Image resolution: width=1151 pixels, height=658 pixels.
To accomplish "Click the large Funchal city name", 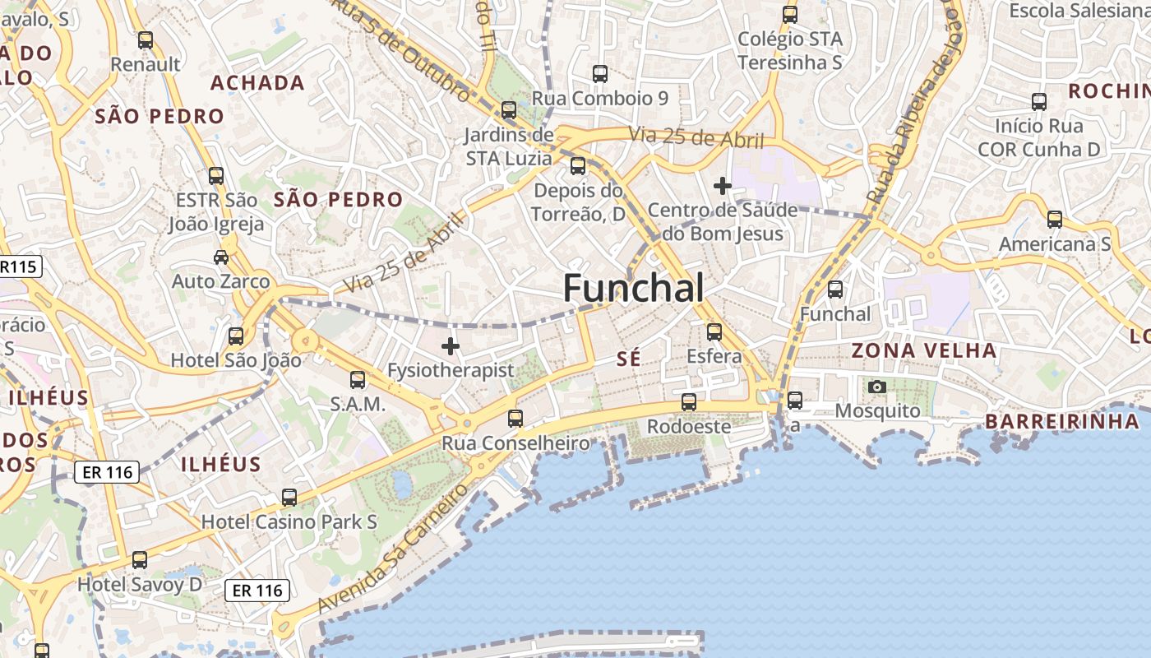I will pyautogui.click(x=633, y=289).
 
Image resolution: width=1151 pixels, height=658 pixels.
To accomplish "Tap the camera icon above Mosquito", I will pyautogui.click(x=877, y=387).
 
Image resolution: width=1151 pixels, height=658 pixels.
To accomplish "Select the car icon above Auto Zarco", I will pyautogui.click(x=220, y=257).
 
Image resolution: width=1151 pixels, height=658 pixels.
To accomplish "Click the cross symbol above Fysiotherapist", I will pyautogui.click(x=451, y=346).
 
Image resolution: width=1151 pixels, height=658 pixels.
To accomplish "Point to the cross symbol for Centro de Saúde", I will pyautogui.click(x=723, y=186).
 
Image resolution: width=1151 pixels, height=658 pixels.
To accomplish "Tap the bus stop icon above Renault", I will pyautogui.click(x=146, y=39).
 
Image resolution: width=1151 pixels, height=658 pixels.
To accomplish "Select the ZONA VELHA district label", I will pyautogui.click(x=923, y=350).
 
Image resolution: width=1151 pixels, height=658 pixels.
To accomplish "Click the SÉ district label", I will pyautogui.click(x=628, y=359).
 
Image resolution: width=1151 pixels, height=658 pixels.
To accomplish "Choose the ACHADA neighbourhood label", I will pyautogui.click(x=257, y=82).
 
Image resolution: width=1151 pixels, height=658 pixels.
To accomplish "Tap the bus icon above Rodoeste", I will pyautogui.click(x=689, y=402).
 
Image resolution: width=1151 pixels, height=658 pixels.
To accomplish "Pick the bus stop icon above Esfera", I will pyautogui.click(x=714, y=332).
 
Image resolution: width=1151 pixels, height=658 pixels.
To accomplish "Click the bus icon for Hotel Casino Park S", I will pyautogui.click(x=289, y=498).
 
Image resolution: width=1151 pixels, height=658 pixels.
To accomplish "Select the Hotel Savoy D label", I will pyautogui.click(x=139, y=585).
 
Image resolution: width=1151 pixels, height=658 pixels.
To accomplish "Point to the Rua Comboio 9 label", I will pyautogui.click(x=600, y=99).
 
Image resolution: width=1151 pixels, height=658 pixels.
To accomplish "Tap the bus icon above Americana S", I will pyautogui.click(x=1055, y=220).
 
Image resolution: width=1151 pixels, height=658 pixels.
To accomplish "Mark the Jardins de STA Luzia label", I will pyautogui.click(x=509, y=146).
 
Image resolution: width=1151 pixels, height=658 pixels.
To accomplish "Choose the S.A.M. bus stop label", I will pyautogui.click(x=358, y=404).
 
